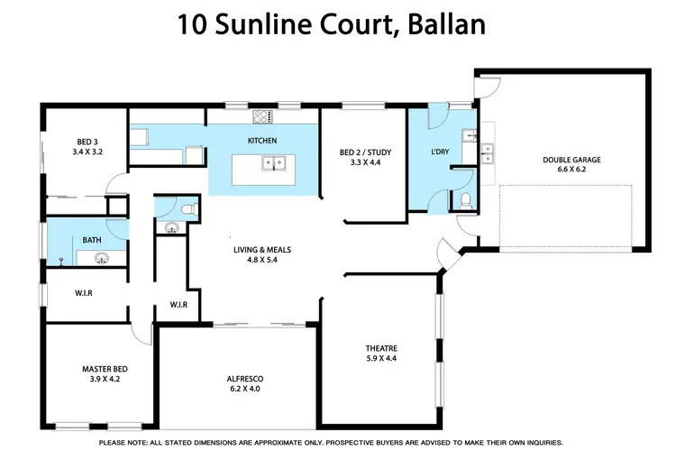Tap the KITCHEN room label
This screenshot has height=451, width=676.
[x=262, y=141]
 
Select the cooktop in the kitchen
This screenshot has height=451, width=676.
[x=262, y=115]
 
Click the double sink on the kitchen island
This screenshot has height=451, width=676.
[x=274, y=163]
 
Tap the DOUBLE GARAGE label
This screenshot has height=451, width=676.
[x=571, y=160]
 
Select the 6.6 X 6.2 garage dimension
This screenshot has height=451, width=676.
[x=571, y=170]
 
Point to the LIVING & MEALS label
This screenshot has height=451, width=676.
[x=263, y=251]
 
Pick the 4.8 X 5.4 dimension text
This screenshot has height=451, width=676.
[x=263, y=262]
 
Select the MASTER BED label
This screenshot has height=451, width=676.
[x=102, y=368]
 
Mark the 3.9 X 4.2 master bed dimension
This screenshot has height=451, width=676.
[x=102, y=379]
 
